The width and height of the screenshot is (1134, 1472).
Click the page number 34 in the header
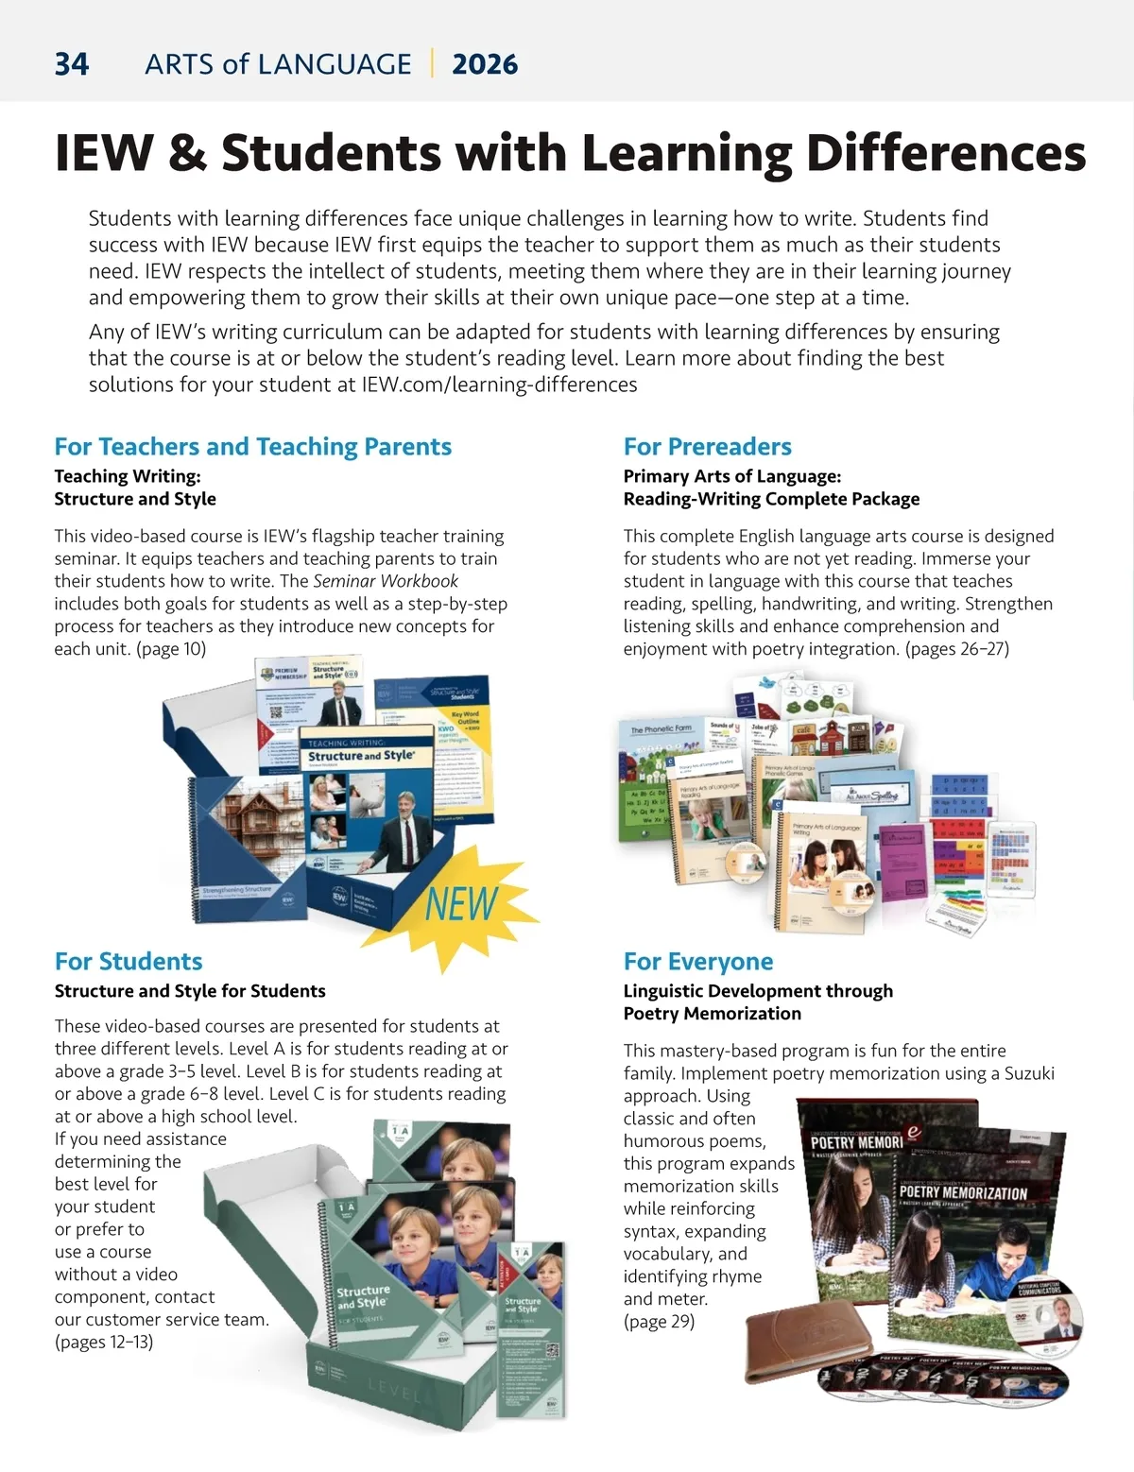(x=72, y=64)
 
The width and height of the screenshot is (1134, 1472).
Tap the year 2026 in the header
(x=485, y=64)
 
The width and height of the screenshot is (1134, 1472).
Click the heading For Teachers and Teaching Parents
(x=252, y=447)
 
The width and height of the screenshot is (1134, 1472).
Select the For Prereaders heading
(x=707, y=447)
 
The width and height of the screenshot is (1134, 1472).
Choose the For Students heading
(x=129, y=962)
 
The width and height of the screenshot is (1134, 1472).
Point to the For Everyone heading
(x=697, y=962)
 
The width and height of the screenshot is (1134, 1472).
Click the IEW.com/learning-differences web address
(x=499, y=385)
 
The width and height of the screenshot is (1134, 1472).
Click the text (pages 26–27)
(x=957, y=649)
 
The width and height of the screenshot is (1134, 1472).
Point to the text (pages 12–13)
(x=104, y=1343)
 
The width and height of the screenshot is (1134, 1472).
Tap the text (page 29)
(x=659, y=1322)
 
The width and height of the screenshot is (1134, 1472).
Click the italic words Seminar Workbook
(x=386, y=581)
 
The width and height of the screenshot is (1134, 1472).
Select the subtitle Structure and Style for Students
(x=190, y=991)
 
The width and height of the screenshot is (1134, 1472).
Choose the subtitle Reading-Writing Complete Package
(x=771, y=499)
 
